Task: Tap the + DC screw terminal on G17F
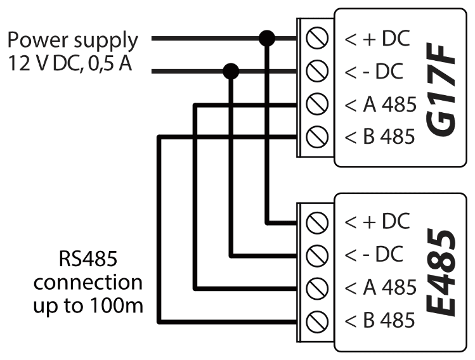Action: point(315,40)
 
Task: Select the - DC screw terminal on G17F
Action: point(315,72)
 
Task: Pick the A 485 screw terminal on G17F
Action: point(315,103)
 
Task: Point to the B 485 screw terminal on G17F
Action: point(315,136)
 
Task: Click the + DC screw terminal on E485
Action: point(315,222)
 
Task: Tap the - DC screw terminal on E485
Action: point(315,255)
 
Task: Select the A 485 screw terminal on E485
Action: point(315,287)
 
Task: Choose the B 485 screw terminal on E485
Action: point(315,319)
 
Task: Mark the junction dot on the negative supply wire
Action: point(231,71)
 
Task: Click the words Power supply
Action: point(72,41)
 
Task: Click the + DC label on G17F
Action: point(374,40)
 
